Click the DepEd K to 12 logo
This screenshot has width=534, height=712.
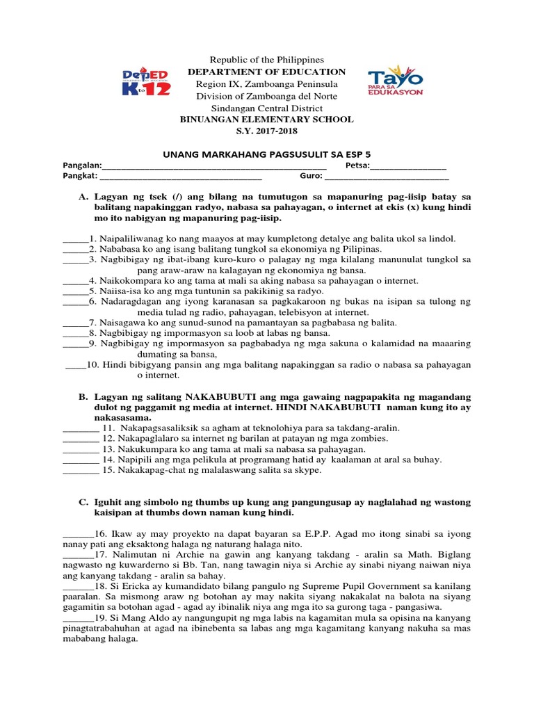(145, 82)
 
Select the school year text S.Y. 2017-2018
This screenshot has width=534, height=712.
(267, 131)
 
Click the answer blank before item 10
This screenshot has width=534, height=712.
(75, 364)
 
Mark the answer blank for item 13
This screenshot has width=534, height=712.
(81, 449)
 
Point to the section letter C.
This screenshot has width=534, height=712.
(83, 502)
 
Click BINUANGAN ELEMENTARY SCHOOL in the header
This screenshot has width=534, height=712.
(267, 120)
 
